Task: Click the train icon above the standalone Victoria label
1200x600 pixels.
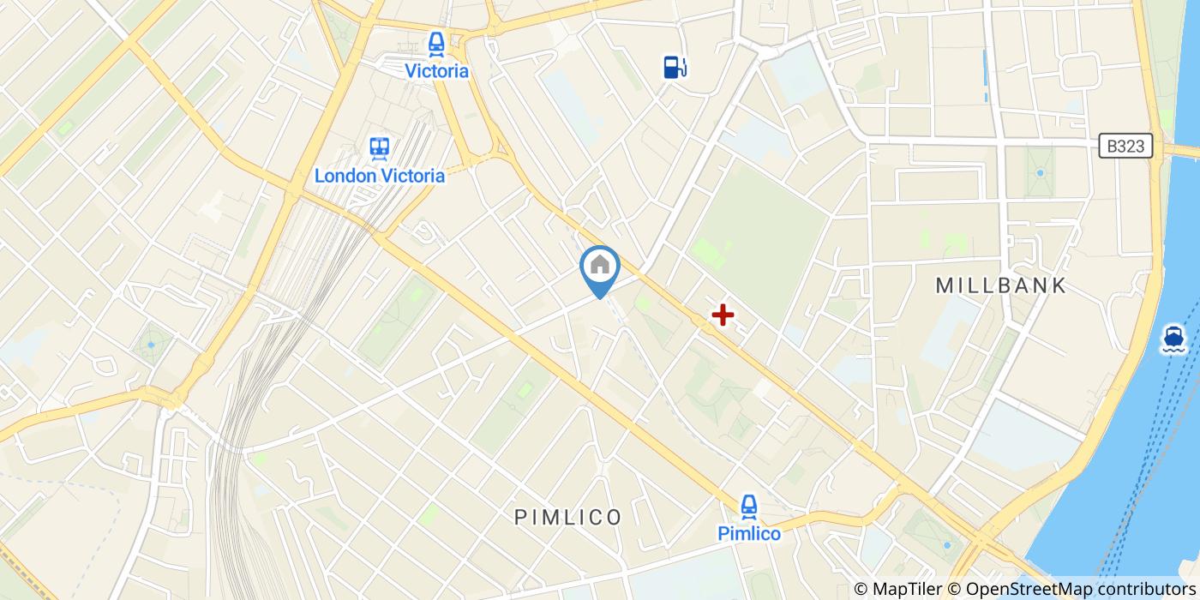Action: click(x=437, y=43)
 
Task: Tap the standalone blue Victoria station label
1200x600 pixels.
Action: click(x=437, y=71)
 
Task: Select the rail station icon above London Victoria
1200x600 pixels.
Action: click(x=380, y=148)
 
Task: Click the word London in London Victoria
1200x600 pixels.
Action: click(x=345, y=176)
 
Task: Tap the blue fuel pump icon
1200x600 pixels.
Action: click(x=675, y=67)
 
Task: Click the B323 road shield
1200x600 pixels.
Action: click(x=1125, y=147)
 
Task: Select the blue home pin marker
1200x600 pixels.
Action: click(x=600, y=267)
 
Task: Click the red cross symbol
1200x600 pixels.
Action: click(x=723, y=315)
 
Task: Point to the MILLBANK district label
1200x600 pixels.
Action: click(x=1001, y=285)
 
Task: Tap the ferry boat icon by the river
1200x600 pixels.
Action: click(x=1173, y=339)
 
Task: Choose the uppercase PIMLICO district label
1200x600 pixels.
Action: click(x=568, y=517)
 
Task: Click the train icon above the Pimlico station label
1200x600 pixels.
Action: click(x=749, y=506)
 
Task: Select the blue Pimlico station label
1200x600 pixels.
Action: click(x=749, y=534)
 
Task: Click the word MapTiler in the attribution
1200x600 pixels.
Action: click(x=909, y=589)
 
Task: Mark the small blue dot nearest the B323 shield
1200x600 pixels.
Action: click(x=1040, y=172)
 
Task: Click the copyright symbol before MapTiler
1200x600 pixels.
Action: click(x=862, y=589)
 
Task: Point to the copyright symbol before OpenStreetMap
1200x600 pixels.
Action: click(x=954, y=589)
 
